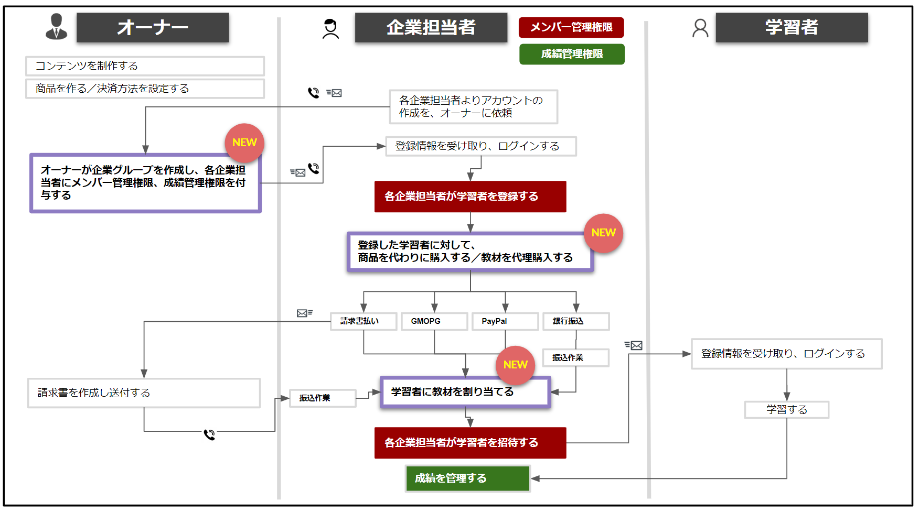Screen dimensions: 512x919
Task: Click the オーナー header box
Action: tap(153, 27)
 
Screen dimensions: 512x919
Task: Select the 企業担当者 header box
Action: tap(431, 27)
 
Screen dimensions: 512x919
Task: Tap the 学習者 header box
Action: tap(791, 27)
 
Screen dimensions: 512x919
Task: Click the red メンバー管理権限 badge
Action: tap(571, 27)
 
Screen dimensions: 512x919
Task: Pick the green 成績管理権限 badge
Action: tap(572, 54)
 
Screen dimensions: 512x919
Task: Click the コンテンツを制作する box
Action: tap(145, 66)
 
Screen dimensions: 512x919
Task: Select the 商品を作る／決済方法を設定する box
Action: tap(145, 89)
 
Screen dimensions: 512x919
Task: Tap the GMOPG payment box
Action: tap(434, 321)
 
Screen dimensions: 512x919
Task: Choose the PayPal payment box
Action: tap(505, 321)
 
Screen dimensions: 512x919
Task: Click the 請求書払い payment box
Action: tap(363, 321)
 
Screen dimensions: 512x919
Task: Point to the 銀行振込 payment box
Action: tap(575, 321)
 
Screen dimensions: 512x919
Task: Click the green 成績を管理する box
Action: tap(467, 478)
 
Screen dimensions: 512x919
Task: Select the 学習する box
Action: tap(786, 410)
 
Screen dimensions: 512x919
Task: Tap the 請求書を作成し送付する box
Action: tap(144, 393)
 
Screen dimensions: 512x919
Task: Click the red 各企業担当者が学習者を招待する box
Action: tap(470, 443)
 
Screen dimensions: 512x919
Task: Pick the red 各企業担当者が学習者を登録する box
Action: tap(470, 197)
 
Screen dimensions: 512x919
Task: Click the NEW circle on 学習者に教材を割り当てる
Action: tap(515, 365)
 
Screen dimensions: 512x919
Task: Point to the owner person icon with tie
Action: tap(56, 27)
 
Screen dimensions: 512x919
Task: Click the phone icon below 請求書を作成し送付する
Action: tap(209, 434)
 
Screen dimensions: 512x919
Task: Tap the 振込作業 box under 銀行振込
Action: tap(575, 357)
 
